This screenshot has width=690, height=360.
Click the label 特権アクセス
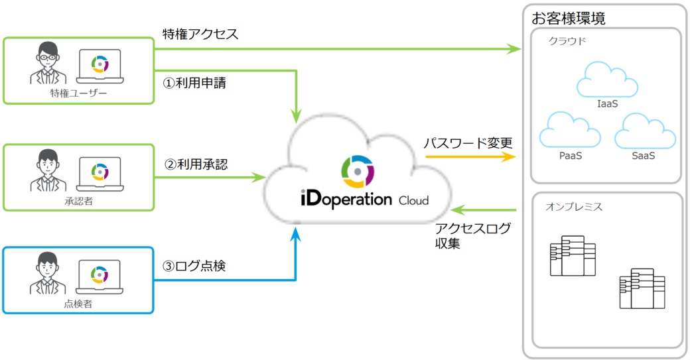click(200, 33)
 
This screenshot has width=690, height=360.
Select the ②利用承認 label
click(196, 164)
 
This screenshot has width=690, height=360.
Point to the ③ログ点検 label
click(194, 267)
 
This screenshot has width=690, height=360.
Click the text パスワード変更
click(468, 143)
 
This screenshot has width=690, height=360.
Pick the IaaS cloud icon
click(608, 80)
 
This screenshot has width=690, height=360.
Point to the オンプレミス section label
click(574, 207)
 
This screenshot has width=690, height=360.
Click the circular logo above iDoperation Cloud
click(357, 172)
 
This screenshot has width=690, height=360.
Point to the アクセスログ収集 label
click(472, 236)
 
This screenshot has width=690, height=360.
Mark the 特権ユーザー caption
click(78, 93)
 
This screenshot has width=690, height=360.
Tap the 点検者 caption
click(78, 303)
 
